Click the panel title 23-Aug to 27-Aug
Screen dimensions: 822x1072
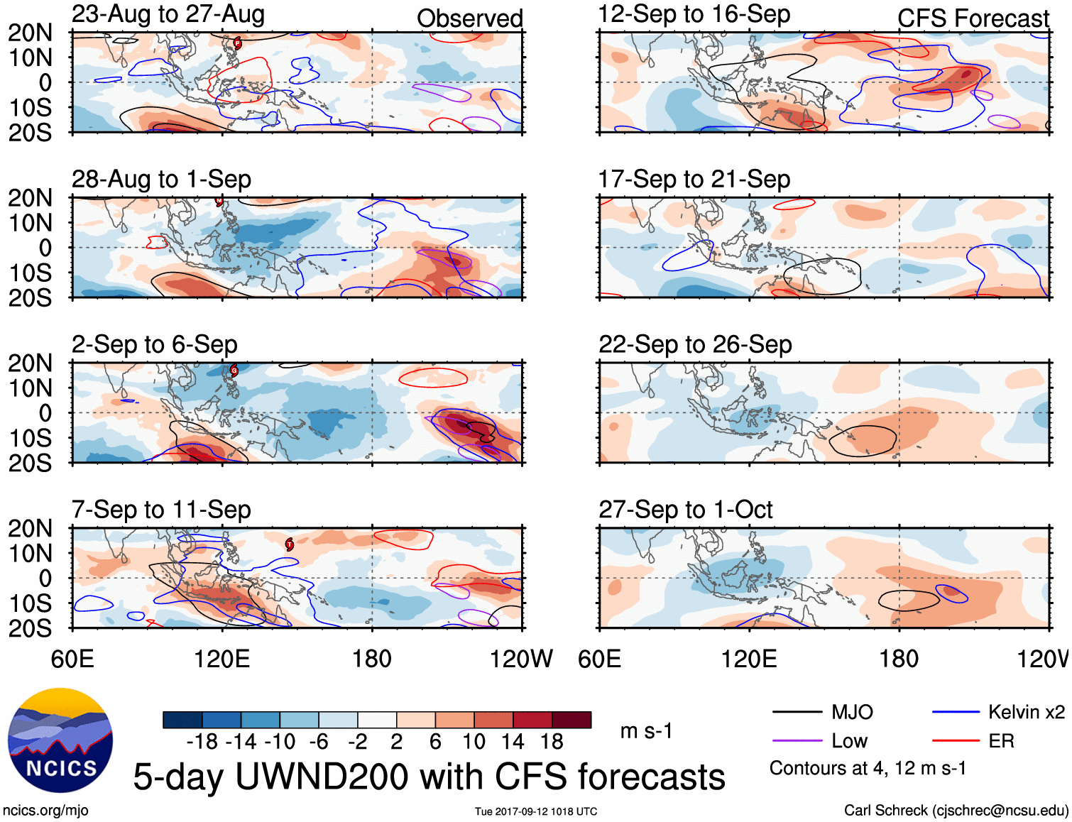(x=168, y=14)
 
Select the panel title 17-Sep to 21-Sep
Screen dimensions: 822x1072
(x=694, y=179)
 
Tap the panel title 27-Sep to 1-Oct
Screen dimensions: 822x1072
(x=685, y=510)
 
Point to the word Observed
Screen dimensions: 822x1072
(x=469, y=18)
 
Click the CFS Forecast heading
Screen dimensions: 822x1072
(x=973, y=18)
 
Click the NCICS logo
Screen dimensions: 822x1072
(x=60, y=740)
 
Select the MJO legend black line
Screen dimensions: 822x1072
(x=797, y=712)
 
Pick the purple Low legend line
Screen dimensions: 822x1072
(x=797, y=741)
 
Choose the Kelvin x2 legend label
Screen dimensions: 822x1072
(x=1026, y=712)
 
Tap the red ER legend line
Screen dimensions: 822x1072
(x=956, y=741)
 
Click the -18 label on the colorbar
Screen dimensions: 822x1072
(x=202, y=742)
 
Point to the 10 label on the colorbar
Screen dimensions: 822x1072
(x=474, y=742)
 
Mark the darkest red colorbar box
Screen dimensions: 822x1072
(x=571, y=720)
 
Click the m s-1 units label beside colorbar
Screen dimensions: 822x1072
(x=646, y=731)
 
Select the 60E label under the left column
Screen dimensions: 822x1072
(x=72, y=659)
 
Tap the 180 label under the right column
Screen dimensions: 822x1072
(x=899, y=659)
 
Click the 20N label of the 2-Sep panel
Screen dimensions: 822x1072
(x=31, y=363)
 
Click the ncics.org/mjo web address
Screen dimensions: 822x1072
(x=45, y=811)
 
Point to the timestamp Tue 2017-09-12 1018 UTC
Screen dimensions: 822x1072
(x=536, y=811)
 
